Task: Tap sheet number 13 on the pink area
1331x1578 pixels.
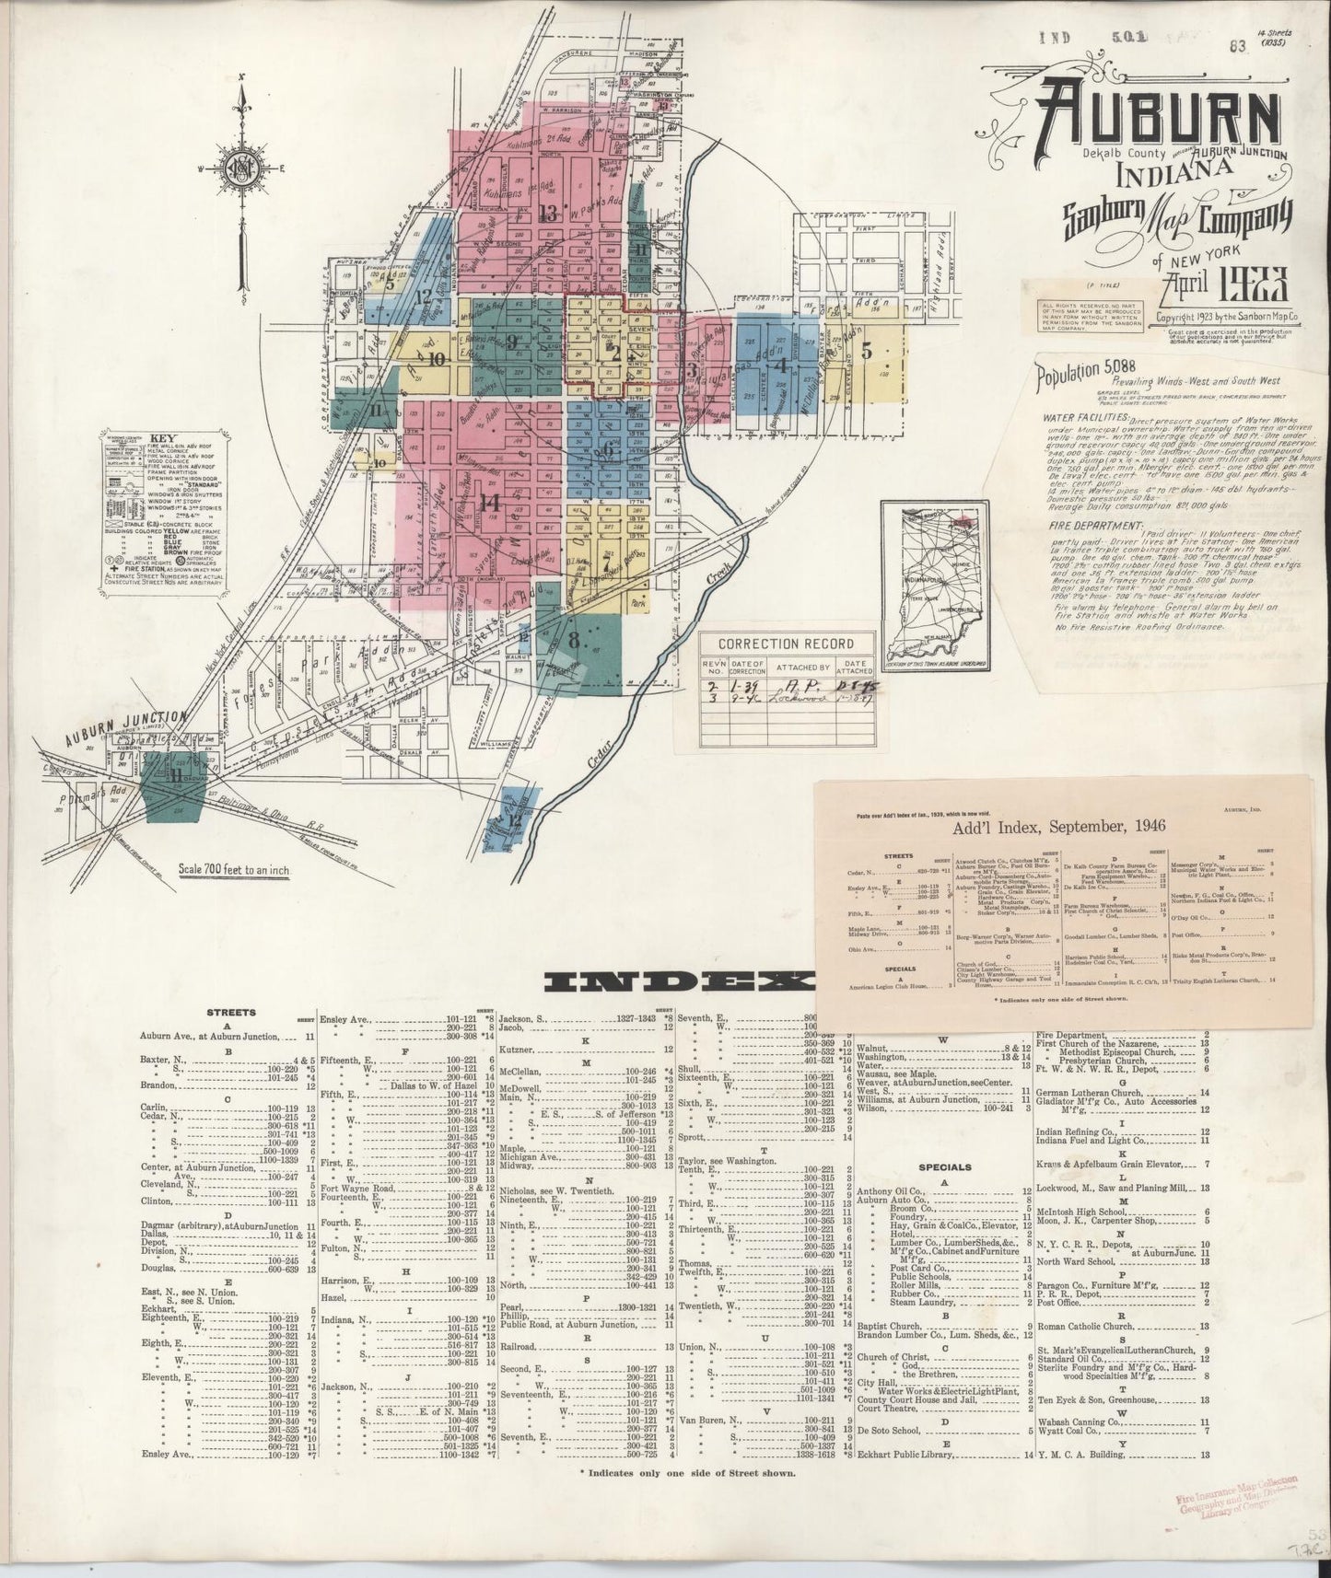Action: pos(549,215)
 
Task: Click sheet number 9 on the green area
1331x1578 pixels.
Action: pos(512,342)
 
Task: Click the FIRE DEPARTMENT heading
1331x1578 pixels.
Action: pos(1088,524)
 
